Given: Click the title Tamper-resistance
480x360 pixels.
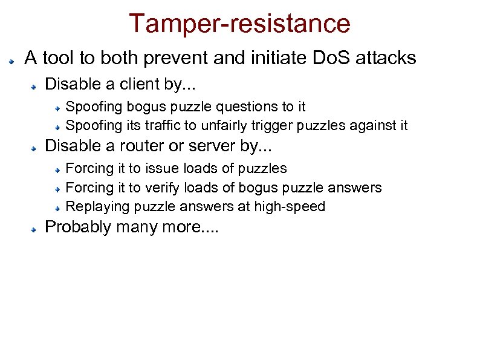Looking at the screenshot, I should [239, 24].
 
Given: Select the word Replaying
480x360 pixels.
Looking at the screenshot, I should [97, 207].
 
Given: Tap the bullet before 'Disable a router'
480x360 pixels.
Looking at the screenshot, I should [36, 148].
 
